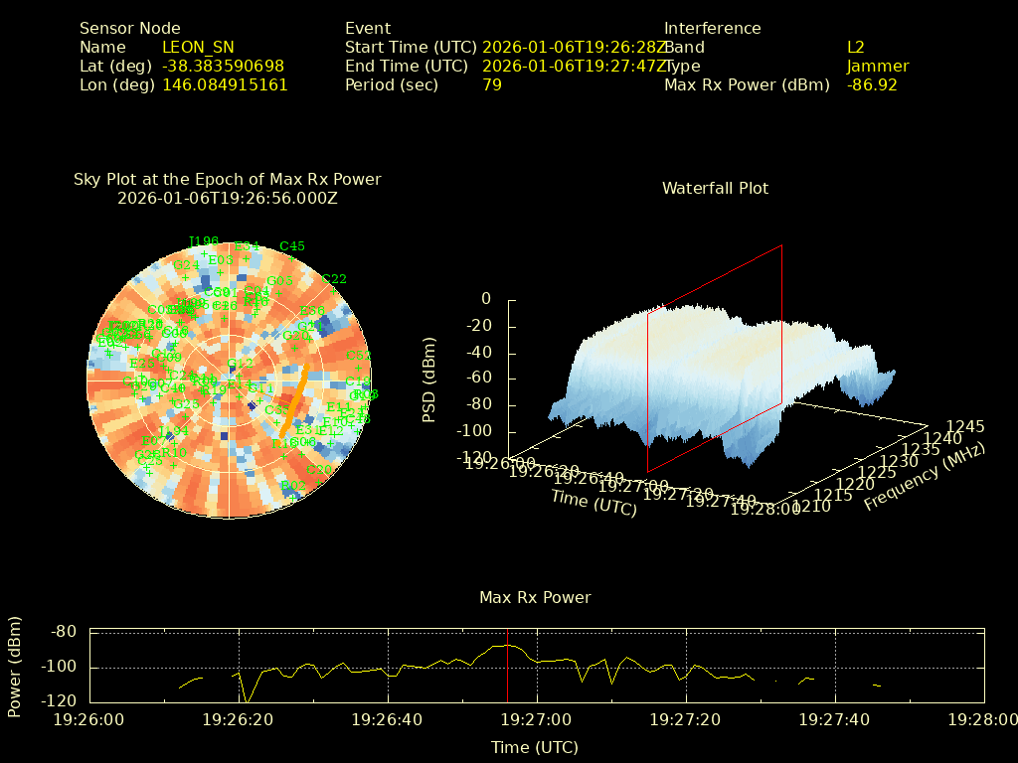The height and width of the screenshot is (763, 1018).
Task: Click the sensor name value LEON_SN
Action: (198, 47)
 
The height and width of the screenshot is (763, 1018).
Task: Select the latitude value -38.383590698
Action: (223, 66)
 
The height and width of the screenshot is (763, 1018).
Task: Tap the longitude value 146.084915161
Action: (225, 84)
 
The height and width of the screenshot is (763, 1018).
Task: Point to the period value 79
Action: (492, 84)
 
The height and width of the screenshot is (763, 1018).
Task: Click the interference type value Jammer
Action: (878, 66)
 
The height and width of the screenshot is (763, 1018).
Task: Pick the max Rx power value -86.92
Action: (872, 84)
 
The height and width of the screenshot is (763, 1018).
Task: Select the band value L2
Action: (856, 47)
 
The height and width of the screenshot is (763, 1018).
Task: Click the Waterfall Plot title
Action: (715, 188)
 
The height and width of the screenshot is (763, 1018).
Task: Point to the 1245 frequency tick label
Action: (965, 426)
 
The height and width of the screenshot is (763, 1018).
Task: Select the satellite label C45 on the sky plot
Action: (292, 245)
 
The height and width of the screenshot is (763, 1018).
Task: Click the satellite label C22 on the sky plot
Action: (334, 279)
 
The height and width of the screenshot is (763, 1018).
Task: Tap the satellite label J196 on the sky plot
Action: (203, 241)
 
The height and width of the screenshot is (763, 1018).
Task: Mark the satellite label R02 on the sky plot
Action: (293, 485)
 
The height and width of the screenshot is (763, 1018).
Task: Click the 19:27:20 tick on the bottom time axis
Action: (685, 718)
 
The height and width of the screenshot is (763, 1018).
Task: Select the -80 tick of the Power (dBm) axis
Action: (65, 631)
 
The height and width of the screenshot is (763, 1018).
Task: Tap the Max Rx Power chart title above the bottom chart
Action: (535, 597)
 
